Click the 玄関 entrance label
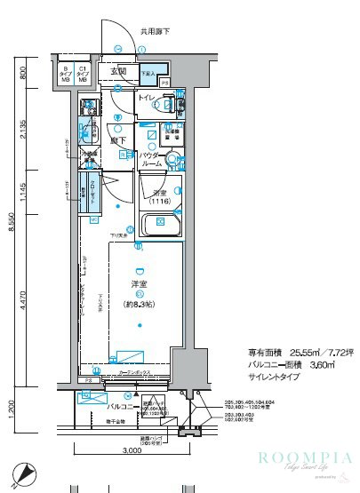tap(118, 71)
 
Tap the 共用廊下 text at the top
tap(155, 33)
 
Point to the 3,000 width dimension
tap(131, 451)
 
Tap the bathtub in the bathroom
tap(161, 225)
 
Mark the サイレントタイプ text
tap(273, 377)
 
